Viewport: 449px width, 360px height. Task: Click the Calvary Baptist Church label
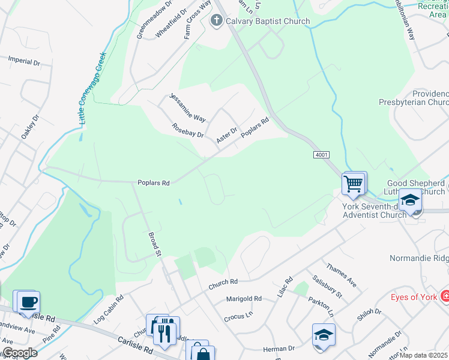268,22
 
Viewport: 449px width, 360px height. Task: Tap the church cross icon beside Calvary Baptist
217,22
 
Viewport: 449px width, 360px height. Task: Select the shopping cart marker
354,183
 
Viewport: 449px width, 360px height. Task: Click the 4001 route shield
321,155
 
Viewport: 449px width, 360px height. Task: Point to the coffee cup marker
28,302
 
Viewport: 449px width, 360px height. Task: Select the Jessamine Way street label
188,107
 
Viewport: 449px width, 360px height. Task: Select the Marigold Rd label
244,298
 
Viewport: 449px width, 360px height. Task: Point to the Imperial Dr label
24,60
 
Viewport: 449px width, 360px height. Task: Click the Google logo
19,353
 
